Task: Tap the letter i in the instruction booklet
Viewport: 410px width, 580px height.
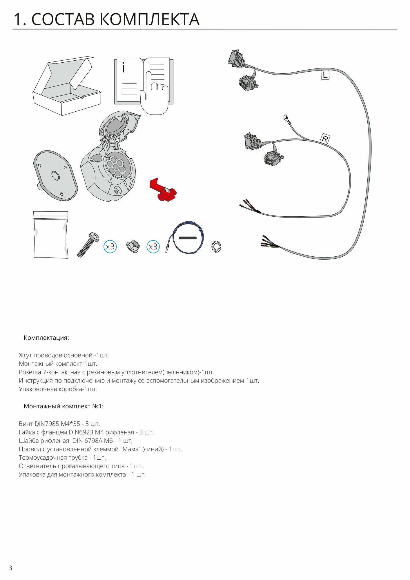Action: tap(124, 68)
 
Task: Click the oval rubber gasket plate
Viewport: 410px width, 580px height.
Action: tap(55, 176)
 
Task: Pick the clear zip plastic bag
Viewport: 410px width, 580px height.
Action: tap(51, 235)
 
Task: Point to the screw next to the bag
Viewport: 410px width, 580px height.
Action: tap(88, 244)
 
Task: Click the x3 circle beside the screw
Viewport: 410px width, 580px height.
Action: tap(110, 247)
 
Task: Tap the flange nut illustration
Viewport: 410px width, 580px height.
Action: tap(133, 246)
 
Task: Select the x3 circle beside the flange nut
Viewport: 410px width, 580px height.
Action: tap(153, 247)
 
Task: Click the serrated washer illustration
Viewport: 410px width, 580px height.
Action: tap(216, 247)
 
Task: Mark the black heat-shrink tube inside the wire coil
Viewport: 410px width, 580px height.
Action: tap(188, 238)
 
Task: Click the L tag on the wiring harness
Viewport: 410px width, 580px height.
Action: tap(325, 75)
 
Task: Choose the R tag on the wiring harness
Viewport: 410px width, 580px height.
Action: tap(325, 139)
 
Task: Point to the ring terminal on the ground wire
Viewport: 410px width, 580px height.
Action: tap(286, 118)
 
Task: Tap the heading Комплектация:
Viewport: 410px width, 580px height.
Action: tap(46, 338)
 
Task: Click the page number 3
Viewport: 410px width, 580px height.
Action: tap(10, 568)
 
